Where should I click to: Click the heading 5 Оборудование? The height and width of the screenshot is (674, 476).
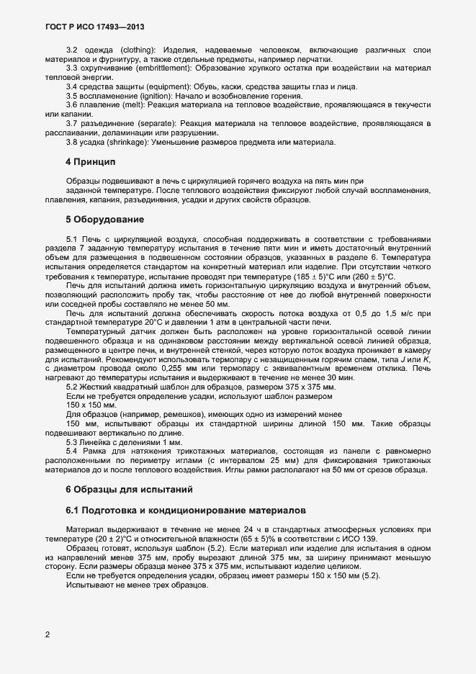[x=105, y=218]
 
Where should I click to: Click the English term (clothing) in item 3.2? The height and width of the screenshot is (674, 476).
[x=140, y=48]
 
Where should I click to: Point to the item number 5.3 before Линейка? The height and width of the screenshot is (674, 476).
[x=73, y=422]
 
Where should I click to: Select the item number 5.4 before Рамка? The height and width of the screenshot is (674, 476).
[x=73, y=431]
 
